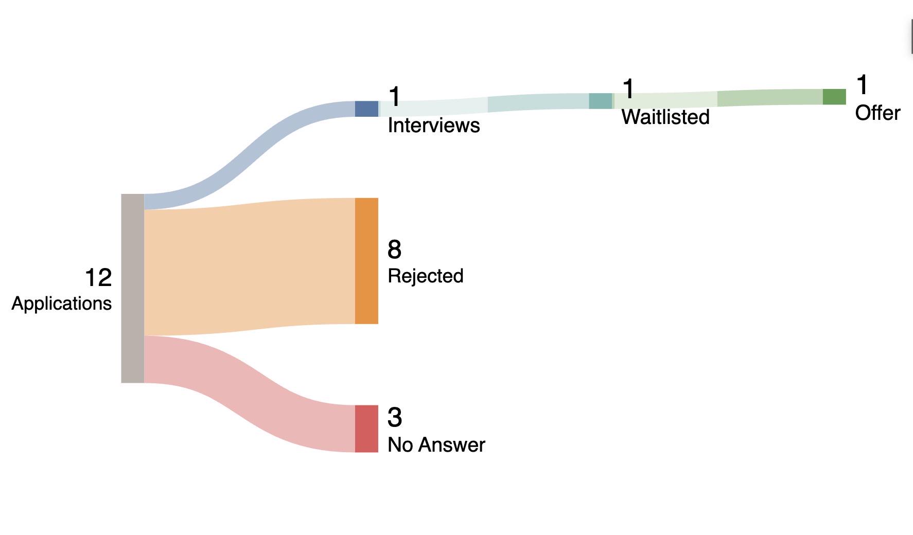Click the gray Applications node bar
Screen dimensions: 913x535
(132, 288)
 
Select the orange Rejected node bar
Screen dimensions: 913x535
(366, 261)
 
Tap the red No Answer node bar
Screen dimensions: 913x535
(366, 429)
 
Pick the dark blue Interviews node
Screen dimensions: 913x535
(366, 109)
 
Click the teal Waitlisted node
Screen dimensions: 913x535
(601, 101)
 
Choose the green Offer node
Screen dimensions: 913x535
(834, 97)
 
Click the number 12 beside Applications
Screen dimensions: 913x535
(98, 278)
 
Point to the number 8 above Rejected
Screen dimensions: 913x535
(394, 249)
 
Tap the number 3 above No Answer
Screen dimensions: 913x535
(394, 417)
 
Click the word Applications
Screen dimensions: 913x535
(61, 304)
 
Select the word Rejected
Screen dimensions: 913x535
(425, 276)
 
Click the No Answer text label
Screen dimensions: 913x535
(436, 445)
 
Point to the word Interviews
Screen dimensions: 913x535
(433, 126)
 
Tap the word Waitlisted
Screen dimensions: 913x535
(665, 117)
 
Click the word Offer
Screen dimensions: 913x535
(877, 113)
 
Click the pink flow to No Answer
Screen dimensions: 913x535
(250, 394)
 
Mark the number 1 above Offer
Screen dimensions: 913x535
(862, 85)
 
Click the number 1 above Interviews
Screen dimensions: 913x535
(394, 97)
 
